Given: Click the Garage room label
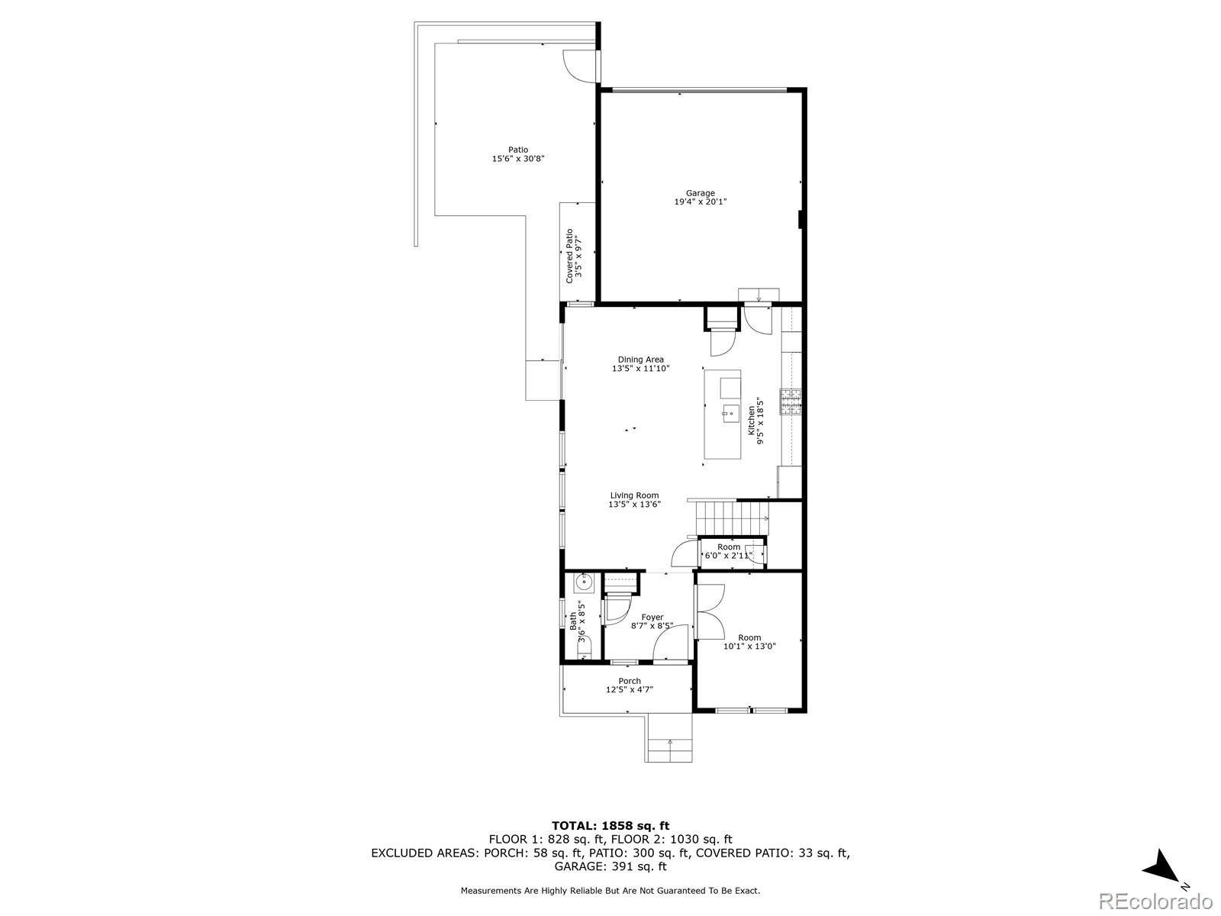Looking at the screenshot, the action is point(700,193).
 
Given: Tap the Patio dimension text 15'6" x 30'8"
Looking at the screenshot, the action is point(518,159).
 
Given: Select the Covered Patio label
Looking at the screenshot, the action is point(569,256).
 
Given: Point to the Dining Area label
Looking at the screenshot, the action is point(640,360).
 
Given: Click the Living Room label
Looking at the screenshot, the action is point(634,495).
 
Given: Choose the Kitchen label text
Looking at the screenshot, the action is point(751,421).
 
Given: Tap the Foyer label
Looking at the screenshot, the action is point(652,617).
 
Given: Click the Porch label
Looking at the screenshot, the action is point(629,681).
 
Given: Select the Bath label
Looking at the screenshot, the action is point(573,621).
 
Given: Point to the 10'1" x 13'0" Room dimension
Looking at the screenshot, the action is point(749,647).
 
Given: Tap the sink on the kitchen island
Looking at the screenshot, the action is point(730,413).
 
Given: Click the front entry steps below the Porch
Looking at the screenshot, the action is point(670,737).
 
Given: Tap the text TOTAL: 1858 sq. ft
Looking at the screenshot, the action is point(610,826).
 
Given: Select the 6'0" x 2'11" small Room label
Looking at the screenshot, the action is point(728,555).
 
